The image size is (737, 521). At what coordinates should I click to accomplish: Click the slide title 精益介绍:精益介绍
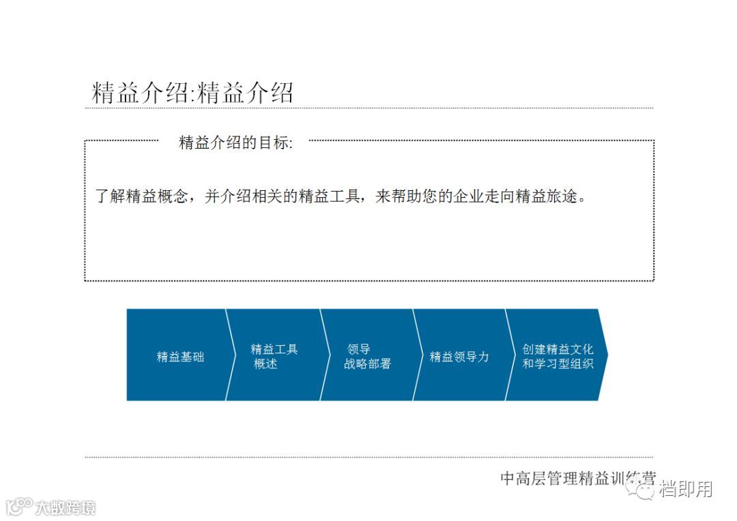[x=192, y=93]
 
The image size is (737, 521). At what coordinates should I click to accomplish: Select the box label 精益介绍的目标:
[x=235, y=143]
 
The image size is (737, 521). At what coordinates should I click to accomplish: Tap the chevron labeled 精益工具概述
[x=273, y=355]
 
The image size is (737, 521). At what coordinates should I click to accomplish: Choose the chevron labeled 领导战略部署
[x=367, y=355]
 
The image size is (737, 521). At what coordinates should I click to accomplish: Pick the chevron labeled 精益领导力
[x=459, y=355]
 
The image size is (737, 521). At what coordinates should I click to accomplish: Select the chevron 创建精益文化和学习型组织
[x=557, y=355]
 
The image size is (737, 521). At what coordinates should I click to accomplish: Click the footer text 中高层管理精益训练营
[x=577, y=478]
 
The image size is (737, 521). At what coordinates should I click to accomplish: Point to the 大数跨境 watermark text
[x=66, y=507]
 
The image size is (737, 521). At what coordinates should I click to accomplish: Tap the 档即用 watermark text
[x=686, y=489]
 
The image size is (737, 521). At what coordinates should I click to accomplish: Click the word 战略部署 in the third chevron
[x=367, y=363]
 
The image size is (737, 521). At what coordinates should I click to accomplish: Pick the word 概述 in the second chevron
[x=265, y=363]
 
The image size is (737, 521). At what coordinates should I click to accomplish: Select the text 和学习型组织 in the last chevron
[x=558, y=363]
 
